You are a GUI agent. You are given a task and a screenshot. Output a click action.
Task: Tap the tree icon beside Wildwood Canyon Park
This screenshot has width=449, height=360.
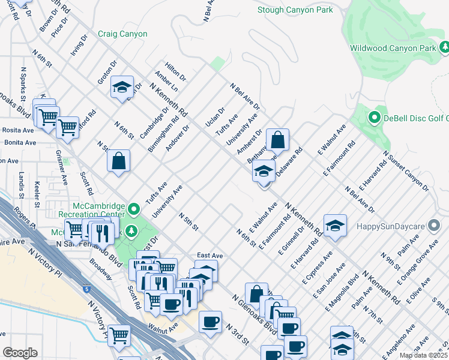pos(445,47)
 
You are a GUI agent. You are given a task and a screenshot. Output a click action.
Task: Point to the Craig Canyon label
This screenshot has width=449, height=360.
pos(122,34)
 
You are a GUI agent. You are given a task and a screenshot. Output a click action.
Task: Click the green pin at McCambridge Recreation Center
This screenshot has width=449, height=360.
pos(134,209)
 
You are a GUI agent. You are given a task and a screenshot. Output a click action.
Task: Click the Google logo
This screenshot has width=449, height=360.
pos(20,353)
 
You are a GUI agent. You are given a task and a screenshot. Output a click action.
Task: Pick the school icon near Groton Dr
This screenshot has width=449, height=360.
pos(122,88)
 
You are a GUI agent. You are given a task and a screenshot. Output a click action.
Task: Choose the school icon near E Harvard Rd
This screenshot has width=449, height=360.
pos(335,226)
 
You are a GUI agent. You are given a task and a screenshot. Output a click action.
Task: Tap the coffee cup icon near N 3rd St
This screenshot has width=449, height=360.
pos(210,322)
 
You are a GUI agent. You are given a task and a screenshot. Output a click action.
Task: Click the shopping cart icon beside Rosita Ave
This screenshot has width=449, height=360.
pos(68,127)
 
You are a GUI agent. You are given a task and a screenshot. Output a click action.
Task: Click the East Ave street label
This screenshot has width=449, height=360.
pos(209,256)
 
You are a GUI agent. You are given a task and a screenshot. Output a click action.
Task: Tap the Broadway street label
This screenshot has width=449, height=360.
pos(100,269)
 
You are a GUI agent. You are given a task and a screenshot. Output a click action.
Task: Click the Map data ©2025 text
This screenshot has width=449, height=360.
pos(424,355)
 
